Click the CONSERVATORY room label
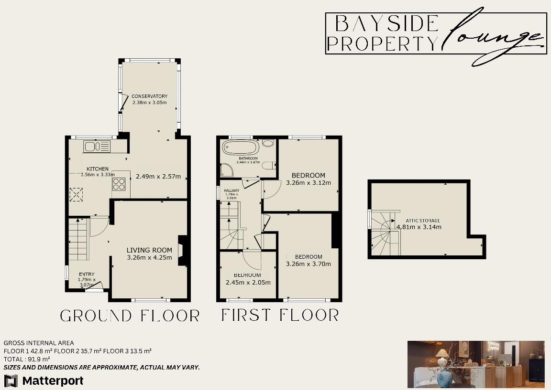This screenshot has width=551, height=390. coord(150,96)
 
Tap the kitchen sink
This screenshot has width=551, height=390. coord(97,146)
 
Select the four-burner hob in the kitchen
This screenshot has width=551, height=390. coord(119,184)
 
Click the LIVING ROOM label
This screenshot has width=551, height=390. coord(149,250)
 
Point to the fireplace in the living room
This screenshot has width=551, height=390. coord(183,251)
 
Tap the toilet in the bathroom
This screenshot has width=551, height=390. coord(271,165)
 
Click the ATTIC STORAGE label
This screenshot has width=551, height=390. coord(423,221)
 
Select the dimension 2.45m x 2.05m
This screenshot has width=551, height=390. coord(247,283)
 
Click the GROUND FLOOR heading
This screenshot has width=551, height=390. coord(130,316)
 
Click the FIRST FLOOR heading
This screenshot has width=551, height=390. coord(280,315)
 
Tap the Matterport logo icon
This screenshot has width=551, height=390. coord(11,380)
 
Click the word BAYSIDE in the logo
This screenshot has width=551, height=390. coord(386,23)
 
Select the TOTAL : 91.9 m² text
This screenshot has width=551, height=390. coord(27,359)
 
